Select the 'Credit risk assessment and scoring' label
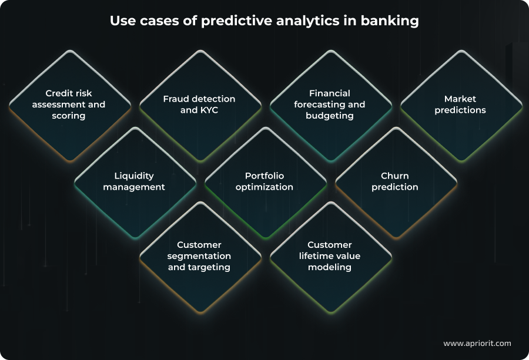click(69, 105)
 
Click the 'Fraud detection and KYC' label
click(199, 105)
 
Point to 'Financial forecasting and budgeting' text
click(330, 105)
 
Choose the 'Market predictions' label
click(460, 105)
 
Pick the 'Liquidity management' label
click(134, 181)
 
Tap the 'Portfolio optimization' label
click(264, 181)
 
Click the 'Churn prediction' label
click(395, 181)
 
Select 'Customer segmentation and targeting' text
click(199, 256)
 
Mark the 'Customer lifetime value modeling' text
click(330, 256)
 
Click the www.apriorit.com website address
click(477, 343)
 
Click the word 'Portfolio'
click(264, 176)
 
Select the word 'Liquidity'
click(134, 176)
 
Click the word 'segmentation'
click(199, 256)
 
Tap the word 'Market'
click(460, 99)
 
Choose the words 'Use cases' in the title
click(139, 21)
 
